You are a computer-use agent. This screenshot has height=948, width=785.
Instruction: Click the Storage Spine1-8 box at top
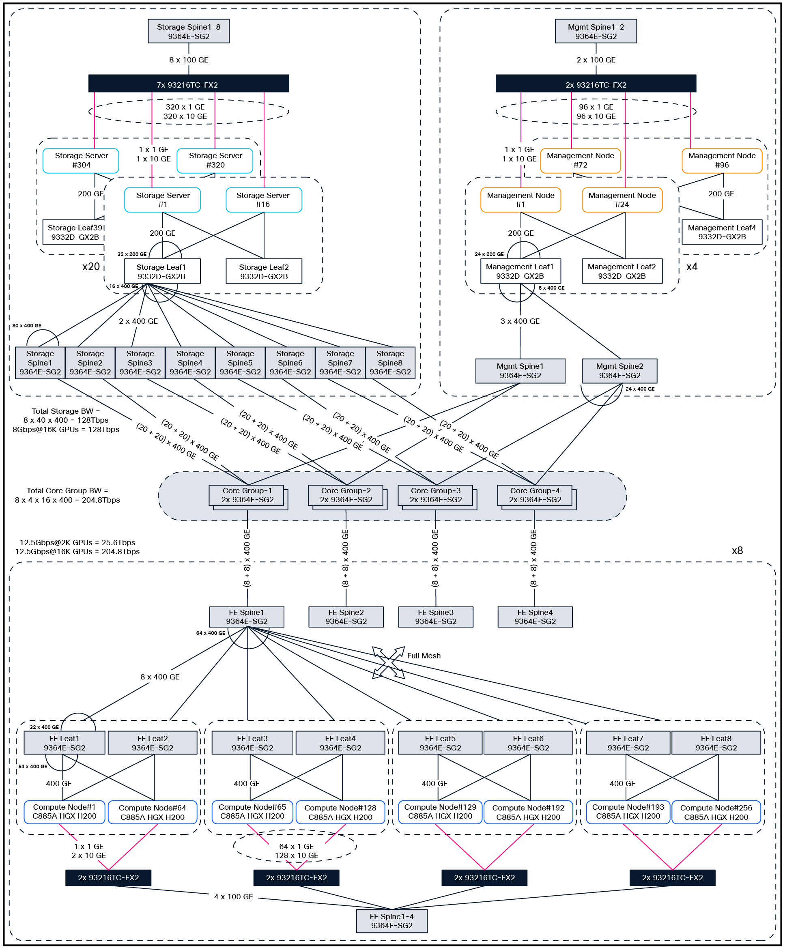click(x=189, y=31)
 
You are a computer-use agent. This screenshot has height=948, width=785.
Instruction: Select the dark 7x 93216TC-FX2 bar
click(x=188, y=84)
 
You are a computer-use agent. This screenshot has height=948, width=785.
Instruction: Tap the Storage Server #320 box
click(x=215, y=160)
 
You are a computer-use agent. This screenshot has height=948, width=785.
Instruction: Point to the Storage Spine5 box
click(x=240, y=363)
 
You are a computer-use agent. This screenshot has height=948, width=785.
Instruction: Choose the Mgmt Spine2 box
click(x=619, y=371)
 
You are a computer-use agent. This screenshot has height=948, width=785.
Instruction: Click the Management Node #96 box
click(x=721, y=160)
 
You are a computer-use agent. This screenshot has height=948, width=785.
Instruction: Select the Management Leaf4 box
click(x=721, y=232)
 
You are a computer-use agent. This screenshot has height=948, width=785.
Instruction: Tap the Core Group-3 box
click(x=436, y=495)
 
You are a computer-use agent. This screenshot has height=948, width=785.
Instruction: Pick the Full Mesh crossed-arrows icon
click(x=388, y=662)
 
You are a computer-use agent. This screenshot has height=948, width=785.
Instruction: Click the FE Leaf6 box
click(x=528, y=743)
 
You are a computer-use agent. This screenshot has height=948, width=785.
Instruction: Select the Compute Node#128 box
click(x=340, y=812)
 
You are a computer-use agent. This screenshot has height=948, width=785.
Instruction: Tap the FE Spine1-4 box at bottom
click(x=391, y=921)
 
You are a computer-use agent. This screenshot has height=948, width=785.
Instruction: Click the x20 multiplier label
click(x=91, y=267)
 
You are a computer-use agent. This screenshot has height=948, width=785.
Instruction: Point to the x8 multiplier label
click(x=737, y=550)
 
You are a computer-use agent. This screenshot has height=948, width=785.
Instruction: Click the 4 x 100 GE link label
click(x=233, y=896)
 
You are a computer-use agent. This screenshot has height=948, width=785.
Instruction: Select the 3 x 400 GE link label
click(x=520, y=321)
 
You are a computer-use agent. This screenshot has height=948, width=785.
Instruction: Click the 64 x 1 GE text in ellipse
click(x=296, y=847)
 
